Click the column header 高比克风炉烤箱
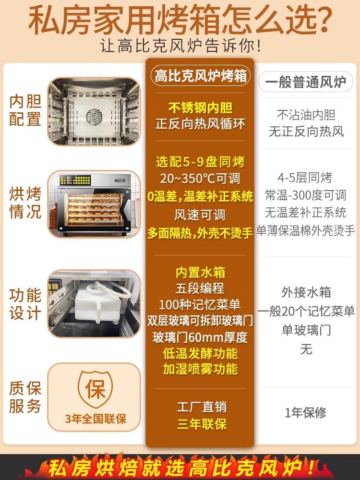[x=200, y=76]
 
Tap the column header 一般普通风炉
[x=306, y=82]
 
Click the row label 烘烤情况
[x=25, y=203]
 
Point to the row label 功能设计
[x=25, y=304]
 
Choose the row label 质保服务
[x=25, y=397]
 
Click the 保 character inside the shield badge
[x=96, y=389]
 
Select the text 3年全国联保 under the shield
[x=96, y=419]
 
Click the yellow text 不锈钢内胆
[x=200, y=108]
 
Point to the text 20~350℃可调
[x=200, y=179]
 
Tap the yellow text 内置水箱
[x=200, y=273]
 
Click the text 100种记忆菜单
[x=200, y=304]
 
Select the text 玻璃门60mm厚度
[x=200, y=337]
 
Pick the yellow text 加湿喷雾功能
[x=200, y=369]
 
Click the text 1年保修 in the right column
[x=306, y=412]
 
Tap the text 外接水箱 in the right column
[x=306, y=292]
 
